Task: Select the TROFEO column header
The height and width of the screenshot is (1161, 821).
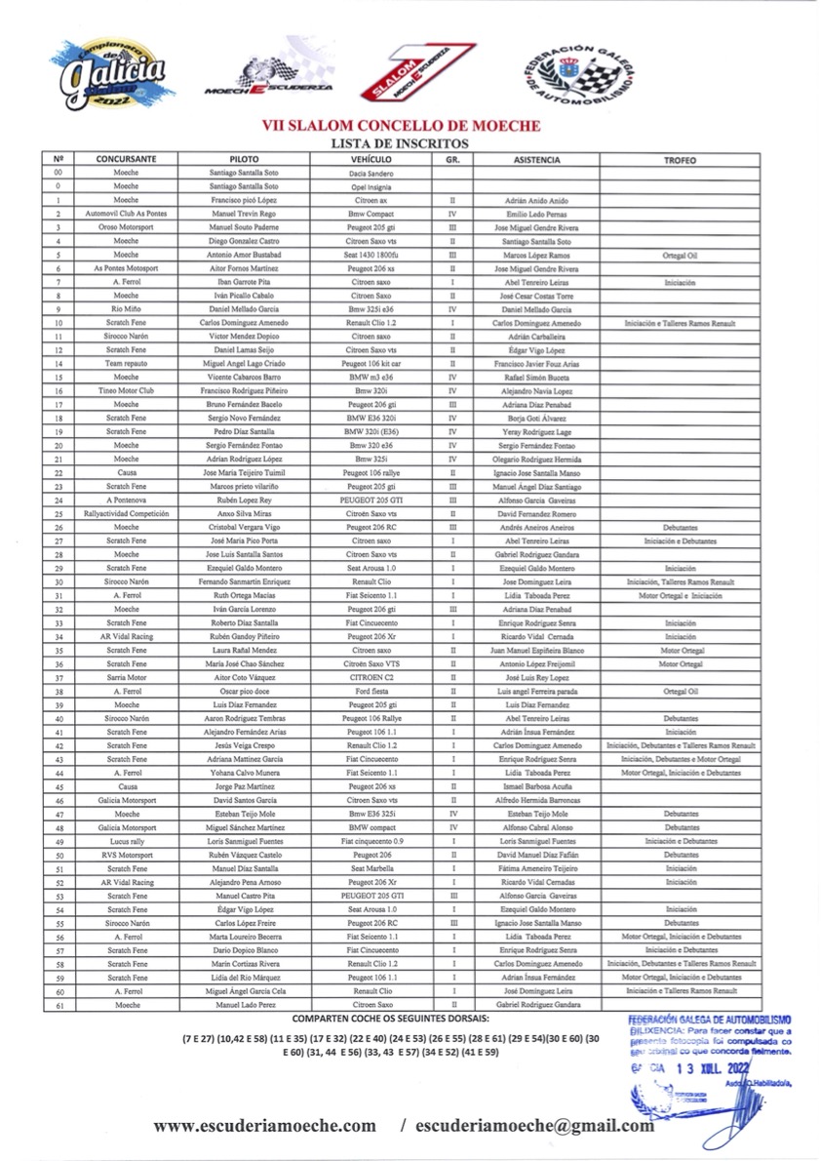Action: pyautogui.click(x=680, y=159)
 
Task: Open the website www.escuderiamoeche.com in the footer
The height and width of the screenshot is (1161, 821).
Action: pyautogui.click(x=264, y=1125)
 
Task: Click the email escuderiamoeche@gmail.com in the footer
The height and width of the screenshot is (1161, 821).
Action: pyautogui.click(x=534, y=1125)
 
